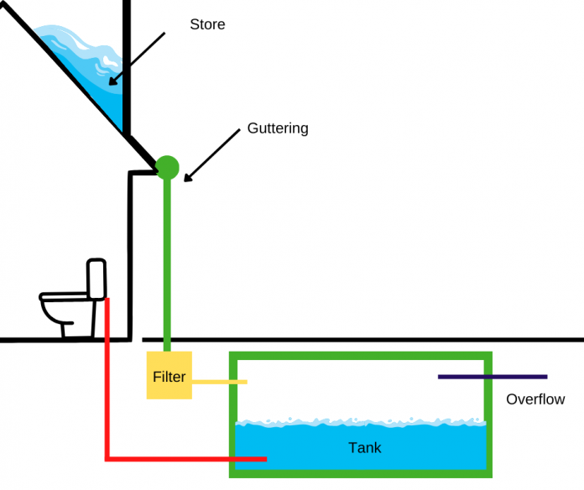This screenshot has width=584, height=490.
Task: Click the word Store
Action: (207, 24)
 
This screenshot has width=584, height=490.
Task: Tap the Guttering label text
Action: (278, 128)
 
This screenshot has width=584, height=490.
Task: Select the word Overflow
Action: (535, 399)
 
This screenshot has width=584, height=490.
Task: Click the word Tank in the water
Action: (365, 448)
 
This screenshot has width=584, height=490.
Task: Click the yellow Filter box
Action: (169, 377)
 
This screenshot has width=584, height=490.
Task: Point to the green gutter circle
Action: (168, 167)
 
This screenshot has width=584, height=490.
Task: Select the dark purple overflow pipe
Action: (493, 377)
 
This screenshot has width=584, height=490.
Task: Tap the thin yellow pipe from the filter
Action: (220, 383)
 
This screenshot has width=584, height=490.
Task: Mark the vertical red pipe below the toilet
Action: (107, 378)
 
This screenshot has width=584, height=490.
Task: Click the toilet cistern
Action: (96, 279)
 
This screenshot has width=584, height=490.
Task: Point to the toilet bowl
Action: (62, 306)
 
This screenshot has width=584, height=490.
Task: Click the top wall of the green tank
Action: (361, 357)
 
